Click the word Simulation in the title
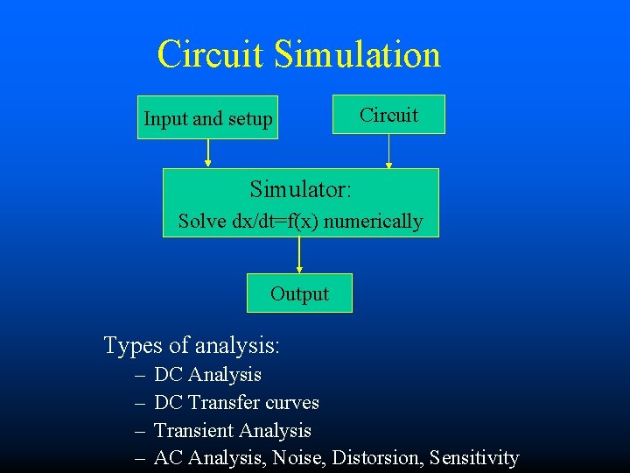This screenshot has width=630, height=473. (x=357, y=54)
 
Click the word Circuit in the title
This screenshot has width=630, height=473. (x=211, y=54)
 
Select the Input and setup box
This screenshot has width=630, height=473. (x=208, y=118)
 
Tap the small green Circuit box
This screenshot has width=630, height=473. (x=388, y=115)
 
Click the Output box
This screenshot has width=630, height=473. (x=299, y=293)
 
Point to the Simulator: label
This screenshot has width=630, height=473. (x=301, y=189)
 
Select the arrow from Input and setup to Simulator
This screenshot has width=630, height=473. (x=208, y=153)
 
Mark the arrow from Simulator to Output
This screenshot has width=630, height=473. (x=299, y=255)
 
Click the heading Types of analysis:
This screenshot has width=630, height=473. (x=192, y=345)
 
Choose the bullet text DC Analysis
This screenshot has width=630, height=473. (x=207, y=375)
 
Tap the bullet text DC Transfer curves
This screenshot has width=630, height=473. (x=236, y=403)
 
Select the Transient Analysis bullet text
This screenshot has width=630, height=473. (x=233, y=431)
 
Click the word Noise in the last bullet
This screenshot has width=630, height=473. (x=296, y=458)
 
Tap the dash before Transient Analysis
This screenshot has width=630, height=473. (x=141, y=431)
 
